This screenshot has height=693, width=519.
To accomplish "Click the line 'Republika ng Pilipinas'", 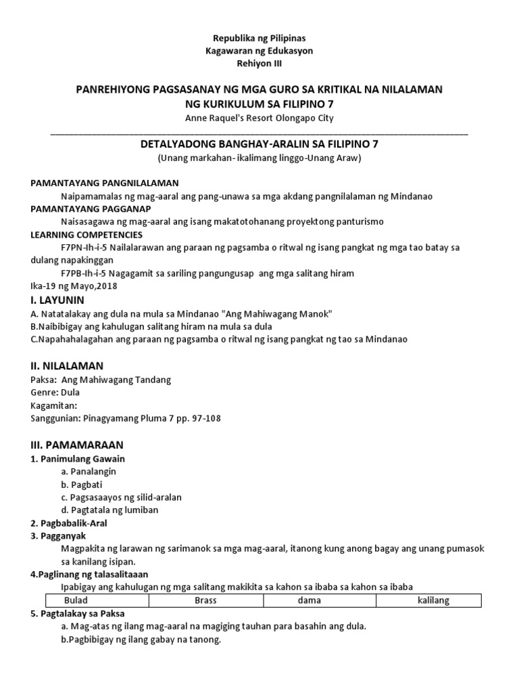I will [259, 39].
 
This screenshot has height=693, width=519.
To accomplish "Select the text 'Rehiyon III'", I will [259, 63].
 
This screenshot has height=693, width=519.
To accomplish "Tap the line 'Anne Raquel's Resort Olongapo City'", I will [259, 118].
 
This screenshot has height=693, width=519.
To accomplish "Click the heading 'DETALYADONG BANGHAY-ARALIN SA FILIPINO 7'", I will [259, 144].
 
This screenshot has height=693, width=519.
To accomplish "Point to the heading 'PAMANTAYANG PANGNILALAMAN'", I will [105, 183].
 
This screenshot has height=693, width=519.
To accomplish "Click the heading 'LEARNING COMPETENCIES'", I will [87, 235].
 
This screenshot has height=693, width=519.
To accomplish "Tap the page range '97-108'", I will [203, 418].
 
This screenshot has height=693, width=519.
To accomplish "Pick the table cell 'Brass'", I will [205, 600].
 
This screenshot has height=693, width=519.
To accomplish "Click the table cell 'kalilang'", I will [433, 600].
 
